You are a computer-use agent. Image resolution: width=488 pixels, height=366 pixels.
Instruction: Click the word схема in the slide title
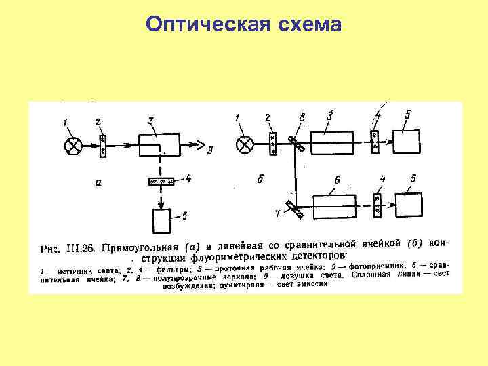[x=308, y=24]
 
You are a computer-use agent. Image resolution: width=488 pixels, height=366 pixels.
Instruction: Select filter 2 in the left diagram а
[x=102, y=144]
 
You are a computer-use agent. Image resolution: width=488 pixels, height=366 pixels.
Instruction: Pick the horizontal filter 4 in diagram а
[x=161, y=181]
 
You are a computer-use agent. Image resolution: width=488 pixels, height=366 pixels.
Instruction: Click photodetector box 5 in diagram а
[x=162, y=222]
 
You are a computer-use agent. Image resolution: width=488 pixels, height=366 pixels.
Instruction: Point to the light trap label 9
[x=211, y=150]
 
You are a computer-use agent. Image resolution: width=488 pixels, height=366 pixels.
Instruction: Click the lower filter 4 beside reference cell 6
[x=378, y=205]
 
